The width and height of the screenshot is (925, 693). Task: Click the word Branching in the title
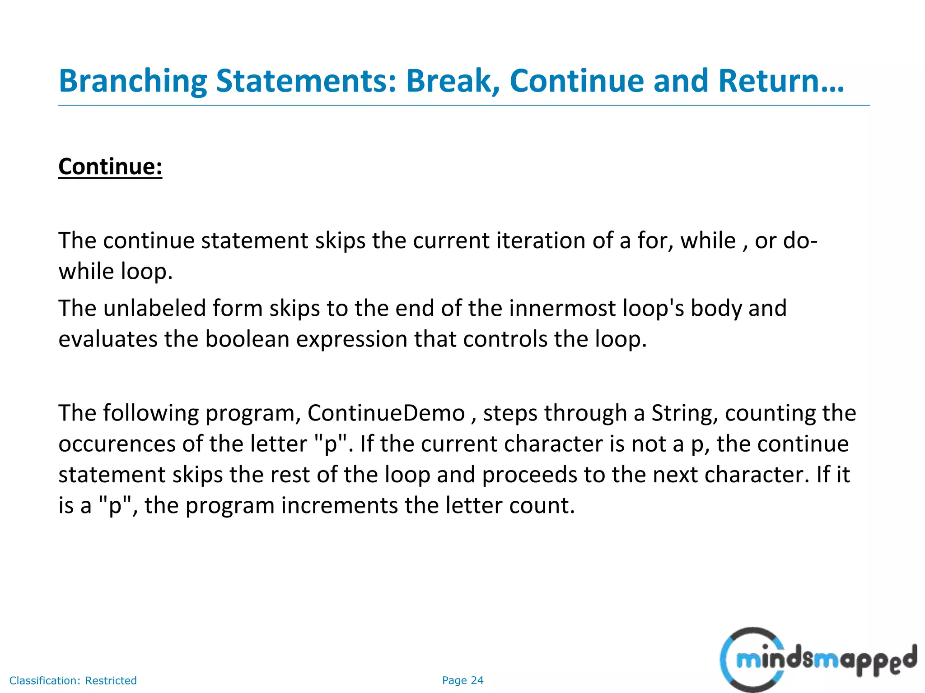pyautogui.click(x=133, y=81)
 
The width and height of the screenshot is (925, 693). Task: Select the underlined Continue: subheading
pyautogui.click(x=110, y=166)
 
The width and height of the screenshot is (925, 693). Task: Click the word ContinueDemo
pyautogui.click(x=386, y=413)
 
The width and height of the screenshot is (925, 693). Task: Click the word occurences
pyautogui.click(x=117, y=444)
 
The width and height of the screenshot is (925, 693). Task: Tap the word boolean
pyautogui.click(x=247, y=339)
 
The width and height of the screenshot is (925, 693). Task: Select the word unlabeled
pyautogui.click(x=154, y=309)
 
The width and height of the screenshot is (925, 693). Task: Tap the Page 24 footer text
pyautogui.click(x=462, y=680)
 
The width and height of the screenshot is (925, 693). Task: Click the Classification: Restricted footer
pyautogui.click(x=73, y=680)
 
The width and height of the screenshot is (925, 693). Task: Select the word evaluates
pyautogui.click(x=108, y=339)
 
